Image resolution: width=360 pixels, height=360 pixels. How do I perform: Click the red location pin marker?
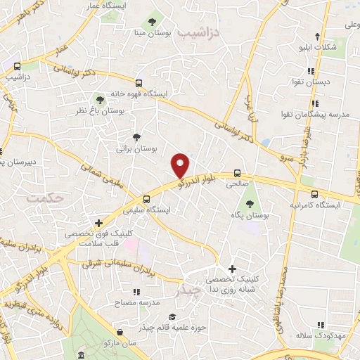coord(181,165)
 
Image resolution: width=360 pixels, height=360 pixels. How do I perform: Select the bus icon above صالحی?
coord(237,172)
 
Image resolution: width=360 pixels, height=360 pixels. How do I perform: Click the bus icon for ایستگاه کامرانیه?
coord(314,193)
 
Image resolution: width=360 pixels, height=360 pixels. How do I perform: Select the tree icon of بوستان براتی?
coord(136,138)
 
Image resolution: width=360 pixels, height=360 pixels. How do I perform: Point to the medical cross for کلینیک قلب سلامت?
coord(107,222)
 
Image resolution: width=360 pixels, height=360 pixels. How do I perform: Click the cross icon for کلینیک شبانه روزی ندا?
coord(233,269)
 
